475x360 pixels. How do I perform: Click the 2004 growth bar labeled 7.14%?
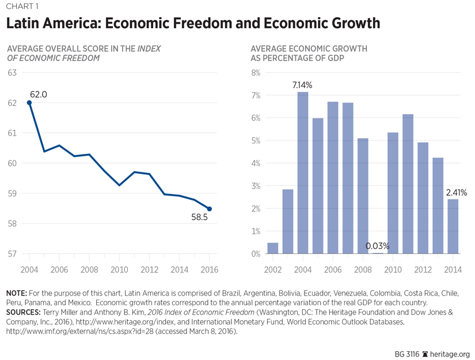302,173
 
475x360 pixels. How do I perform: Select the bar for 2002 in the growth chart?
272,248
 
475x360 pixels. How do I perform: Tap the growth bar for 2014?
453,226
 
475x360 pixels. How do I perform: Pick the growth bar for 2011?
408,184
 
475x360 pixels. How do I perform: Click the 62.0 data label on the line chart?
39,94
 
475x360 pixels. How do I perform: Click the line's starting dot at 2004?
29,103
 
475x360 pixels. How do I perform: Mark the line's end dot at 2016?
209,209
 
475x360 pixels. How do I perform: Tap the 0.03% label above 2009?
378,247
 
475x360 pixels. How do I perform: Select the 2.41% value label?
456,192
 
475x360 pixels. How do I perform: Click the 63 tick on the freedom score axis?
12,73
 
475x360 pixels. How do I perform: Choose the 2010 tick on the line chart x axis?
119,270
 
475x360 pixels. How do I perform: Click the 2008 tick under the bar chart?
363,270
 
